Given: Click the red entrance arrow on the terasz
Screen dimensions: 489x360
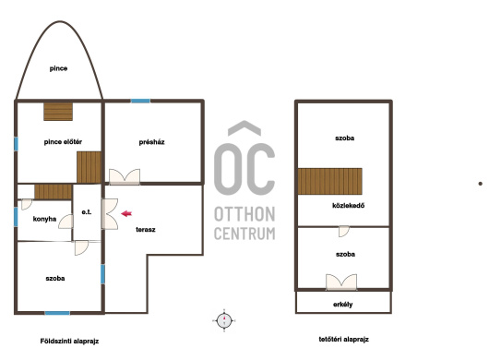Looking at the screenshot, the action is pyautogui.click(x=126, y=213).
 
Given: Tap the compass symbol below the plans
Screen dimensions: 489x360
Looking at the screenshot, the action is pyautogui.click(x=224, y=320).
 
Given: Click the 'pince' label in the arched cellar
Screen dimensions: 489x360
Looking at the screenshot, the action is pyautogui.click(x=58, y=68).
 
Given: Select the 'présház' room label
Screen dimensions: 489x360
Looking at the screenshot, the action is pyautogui.click(x=151, y=142).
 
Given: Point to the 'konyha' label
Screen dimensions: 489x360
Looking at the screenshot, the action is pyautogui.click(x=44, y=219).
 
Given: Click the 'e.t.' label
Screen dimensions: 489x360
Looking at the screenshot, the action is pyautogui.click(x=87, y=212).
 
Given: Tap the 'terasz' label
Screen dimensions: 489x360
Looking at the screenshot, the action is pyautogui.click(x=146, y=230).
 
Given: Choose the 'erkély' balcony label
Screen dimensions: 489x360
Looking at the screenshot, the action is pyautogui.click(x=342, y=305).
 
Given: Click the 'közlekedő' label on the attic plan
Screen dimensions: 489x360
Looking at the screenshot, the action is pyautogui.click(x=349, y=206).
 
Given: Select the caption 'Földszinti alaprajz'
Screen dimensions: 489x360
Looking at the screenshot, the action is pyautogui.click(x=69, y=342).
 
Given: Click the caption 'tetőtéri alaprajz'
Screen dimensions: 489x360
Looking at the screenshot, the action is pyautogui.click(x=343, y=339).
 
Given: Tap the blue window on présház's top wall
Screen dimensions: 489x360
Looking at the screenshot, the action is pyautogui.click(x=140, y=101).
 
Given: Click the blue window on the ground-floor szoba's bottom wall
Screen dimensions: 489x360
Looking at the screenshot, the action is pyautogui.click(x=57, y=313).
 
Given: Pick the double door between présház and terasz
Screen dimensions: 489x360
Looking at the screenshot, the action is pyautogui.click(x=125, y=176).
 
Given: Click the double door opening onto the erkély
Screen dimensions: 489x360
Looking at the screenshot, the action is pyautogui.click(x=341, y=282).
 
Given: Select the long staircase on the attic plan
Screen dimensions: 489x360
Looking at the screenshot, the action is pyautogui.click(x=330, y=181).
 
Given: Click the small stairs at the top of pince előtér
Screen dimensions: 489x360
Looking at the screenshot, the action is pyautogui.click(x=58, y=112).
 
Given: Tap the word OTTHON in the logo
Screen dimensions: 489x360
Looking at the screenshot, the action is pyautogui.click(x=244, y=214).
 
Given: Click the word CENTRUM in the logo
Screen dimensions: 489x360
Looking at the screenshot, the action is pyautogui.click(x=244, y=234).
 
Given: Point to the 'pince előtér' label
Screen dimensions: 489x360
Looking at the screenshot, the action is pyautogui.click(x=63, y=142).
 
